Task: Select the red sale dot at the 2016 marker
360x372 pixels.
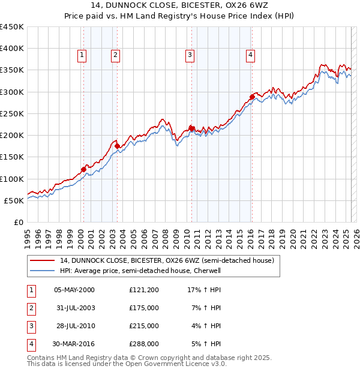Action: point(253,96)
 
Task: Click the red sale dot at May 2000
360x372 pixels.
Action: point(83,169)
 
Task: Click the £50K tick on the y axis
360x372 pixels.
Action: point(14,200)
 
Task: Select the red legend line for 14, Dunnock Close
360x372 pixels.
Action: point(43,260)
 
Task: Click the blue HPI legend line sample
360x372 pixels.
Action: point(43,271)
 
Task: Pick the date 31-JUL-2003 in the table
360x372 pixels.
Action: point(75,308)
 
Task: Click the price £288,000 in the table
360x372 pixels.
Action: point(144,344)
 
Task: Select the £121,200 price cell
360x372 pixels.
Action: point(144,290)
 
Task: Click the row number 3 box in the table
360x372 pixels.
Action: point(31,326)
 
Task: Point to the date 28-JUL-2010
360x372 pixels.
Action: point(75,326)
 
